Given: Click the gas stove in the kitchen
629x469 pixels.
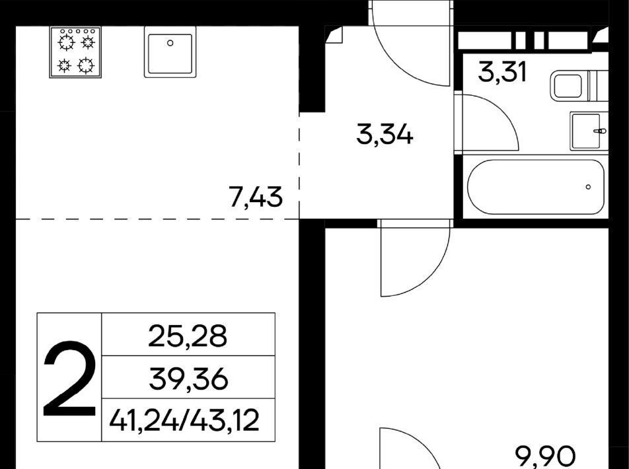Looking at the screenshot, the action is [75, 52].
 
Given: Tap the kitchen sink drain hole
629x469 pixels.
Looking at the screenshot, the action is [170, 43].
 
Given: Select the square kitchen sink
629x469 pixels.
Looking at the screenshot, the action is [170, 52].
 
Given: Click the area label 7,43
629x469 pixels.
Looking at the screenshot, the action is [256, 198].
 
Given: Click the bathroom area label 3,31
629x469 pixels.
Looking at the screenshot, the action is [501, 73].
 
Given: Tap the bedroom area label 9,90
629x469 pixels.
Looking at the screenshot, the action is [546, 457].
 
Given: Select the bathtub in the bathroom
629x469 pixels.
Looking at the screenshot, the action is [536, 187].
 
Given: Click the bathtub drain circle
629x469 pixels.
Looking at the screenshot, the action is [588, 187].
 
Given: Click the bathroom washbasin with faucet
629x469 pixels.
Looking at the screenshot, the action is [589, 131].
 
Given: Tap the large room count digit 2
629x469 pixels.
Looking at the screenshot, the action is [69, 378].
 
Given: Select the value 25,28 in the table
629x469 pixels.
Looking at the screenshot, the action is [188, 336].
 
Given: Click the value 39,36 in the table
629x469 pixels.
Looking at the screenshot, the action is [188, 379].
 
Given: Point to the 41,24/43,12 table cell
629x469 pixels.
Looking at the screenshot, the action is [184, 421].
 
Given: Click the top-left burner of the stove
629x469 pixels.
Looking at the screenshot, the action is [67, 42].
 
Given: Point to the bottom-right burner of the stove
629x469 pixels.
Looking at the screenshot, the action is [86, 65].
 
